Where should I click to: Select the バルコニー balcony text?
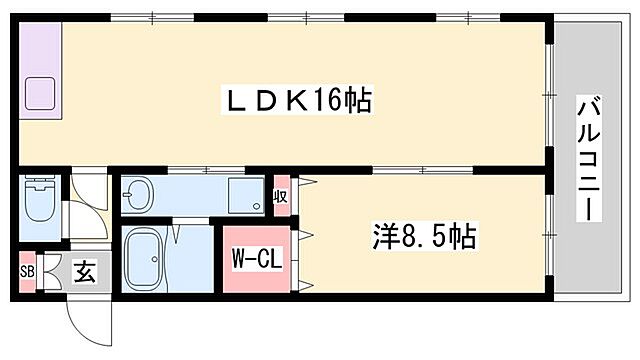(590, 160)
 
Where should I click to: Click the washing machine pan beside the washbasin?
(243, 194)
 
